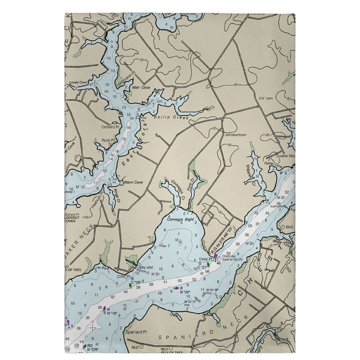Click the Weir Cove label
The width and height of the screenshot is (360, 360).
click(140, 86)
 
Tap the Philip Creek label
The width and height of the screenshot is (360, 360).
click(171, 118)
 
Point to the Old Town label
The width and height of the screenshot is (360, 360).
click(265, 98)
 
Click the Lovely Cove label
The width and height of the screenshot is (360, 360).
click(79, 81)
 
